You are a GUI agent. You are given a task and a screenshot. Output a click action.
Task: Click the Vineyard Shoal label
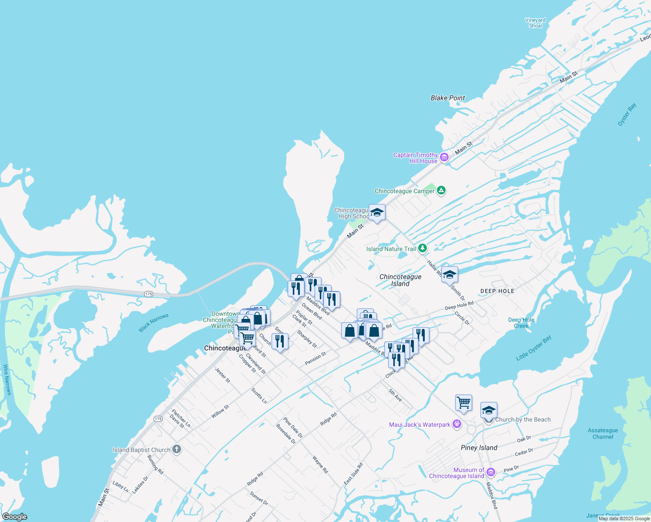pos(535,23)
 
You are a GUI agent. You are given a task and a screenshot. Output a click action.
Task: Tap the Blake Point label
pos(448,98)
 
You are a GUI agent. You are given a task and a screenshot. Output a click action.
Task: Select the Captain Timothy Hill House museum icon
pos(444,157)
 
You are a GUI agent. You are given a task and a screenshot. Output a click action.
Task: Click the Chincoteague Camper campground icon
pos(441,191)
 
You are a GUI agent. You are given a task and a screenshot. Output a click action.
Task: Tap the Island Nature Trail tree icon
pos(422,248)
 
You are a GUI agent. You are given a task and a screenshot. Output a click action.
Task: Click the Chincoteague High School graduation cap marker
pos(377,212)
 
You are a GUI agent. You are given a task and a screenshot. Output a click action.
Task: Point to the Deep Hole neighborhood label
pos(497,291)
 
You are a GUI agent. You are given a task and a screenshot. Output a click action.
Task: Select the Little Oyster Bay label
pos(534,348)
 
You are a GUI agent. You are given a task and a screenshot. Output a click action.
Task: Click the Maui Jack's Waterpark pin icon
pos(456,424)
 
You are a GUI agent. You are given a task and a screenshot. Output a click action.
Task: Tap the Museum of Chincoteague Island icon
pos(491,472)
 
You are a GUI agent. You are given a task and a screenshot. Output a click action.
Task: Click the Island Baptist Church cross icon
pos(176,449)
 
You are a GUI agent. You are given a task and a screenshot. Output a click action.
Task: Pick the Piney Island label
pos(479,448)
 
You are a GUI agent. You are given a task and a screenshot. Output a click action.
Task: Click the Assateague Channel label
pos(603,434)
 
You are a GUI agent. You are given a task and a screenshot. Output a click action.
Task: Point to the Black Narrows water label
pos(153,323)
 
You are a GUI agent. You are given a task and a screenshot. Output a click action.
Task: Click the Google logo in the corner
pos(14,517)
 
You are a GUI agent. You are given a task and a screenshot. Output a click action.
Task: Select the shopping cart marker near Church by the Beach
pos(463,403)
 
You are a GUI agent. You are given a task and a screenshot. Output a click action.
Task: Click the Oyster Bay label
pos(627,114)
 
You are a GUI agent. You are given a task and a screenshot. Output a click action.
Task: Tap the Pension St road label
pos(315,359)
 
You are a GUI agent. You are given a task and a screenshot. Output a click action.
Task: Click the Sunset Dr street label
pos(259,498)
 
